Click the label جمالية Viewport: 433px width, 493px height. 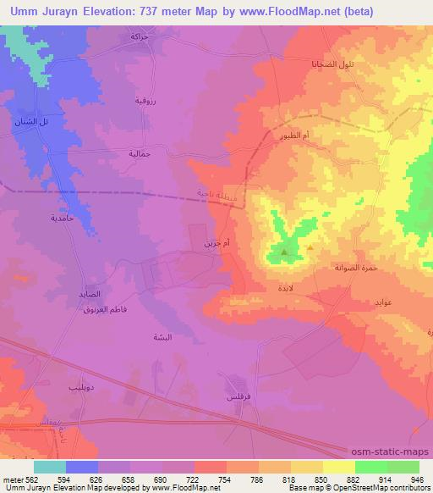pyautogui.click(x=140, y=154)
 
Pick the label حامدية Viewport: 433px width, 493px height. pyautogui.click(x=63, y=218)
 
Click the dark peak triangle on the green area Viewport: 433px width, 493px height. pyautogui.click(x=283, y=252)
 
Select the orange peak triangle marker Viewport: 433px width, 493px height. pyautogui.click(x=310, y=248)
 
